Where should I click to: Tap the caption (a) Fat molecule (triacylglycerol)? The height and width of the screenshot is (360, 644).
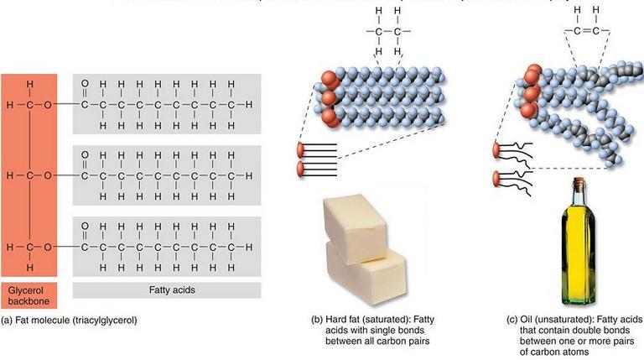pos(69,320)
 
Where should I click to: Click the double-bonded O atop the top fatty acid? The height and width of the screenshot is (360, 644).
pos(84,83)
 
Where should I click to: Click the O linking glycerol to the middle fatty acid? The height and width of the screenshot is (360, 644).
pos(48,176)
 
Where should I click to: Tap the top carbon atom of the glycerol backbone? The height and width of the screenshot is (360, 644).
pos(29,105)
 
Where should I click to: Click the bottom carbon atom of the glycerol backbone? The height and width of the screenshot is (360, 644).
pos(29,248)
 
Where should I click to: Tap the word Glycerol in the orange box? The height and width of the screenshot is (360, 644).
pos(28,284)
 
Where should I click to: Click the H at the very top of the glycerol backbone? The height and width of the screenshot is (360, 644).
pos(29,84)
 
